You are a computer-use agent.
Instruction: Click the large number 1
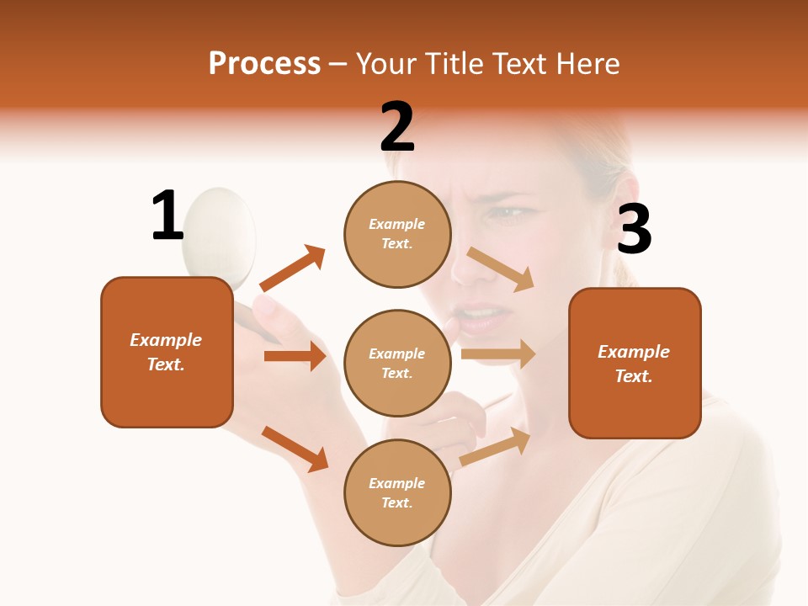(x=167, y=215)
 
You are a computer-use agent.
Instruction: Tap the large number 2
(x=397, y=127)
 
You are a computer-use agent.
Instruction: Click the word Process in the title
(x=264, y=63)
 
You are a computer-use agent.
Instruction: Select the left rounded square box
(x=167, y=352)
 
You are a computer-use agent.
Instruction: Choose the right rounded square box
(x=635, y=363)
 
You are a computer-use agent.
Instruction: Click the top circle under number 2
(x=397, y=234)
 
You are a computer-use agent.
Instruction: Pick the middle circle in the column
(x=397, y=363)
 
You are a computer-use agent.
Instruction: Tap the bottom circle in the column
(x=397, y=492)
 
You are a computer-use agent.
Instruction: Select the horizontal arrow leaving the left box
(x=295, y=356)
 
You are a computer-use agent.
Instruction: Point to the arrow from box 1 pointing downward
(x=295, y=449)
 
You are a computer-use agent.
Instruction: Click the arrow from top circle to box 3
(x=501, y=268)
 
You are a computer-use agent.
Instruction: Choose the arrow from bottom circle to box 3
(x=495, y=446)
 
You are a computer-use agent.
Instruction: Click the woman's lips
(x=481, y=318)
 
